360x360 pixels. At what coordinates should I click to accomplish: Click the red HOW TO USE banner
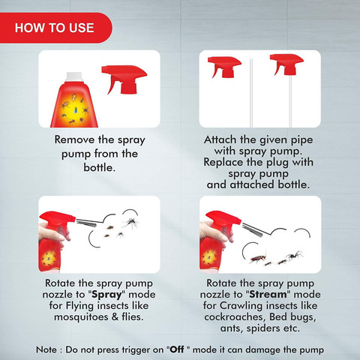55,28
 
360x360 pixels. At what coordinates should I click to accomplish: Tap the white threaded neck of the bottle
73,76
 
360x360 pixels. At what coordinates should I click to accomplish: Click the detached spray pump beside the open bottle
124,79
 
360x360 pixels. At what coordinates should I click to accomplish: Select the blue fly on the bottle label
76,110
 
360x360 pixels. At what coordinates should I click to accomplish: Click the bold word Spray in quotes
106,295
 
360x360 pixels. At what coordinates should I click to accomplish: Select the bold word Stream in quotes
268,294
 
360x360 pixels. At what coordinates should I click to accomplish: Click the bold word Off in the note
177,349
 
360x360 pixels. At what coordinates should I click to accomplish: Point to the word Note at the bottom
46,349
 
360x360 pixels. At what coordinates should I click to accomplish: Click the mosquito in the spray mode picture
131,222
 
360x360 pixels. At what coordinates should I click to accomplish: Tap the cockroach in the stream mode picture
258,259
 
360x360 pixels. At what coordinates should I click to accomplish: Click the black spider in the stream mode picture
295,256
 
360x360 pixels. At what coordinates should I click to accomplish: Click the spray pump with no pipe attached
224,67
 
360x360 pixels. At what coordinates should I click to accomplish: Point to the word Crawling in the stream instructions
241,306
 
